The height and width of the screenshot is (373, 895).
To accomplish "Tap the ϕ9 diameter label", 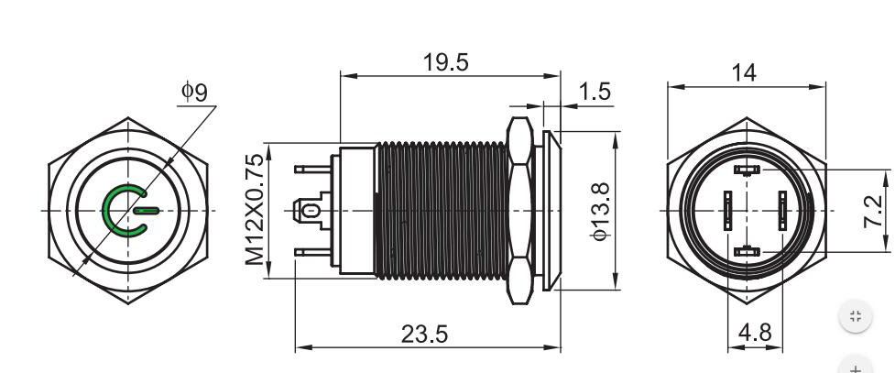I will click(x=193, y=92).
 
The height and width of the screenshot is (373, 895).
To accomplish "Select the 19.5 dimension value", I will click(x=446, y=62).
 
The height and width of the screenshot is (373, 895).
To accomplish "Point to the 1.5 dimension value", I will click(x=595, y=91).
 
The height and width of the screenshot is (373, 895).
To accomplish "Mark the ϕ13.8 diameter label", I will click(x=601, y=211).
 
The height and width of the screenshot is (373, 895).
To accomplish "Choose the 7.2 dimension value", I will click(x=875, y=210).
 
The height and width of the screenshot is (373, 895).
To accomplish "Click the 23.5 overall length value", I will click(x=425, y=335).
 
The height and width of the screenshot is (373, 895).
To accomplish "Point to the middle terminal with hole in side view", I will click(x=311, y=211).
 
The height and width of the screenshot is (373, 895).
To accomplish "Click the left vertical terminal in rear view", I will click(x=727, y=211).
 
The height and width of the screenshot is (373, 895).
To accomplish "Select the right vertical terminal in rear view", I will click(x=783, y=211).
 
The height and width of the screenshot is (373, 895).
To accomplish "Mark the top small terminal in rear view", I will click(x=747, y=170).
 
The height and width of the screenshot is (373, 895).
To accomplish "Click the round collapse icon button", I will click(x=855, y=317).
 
